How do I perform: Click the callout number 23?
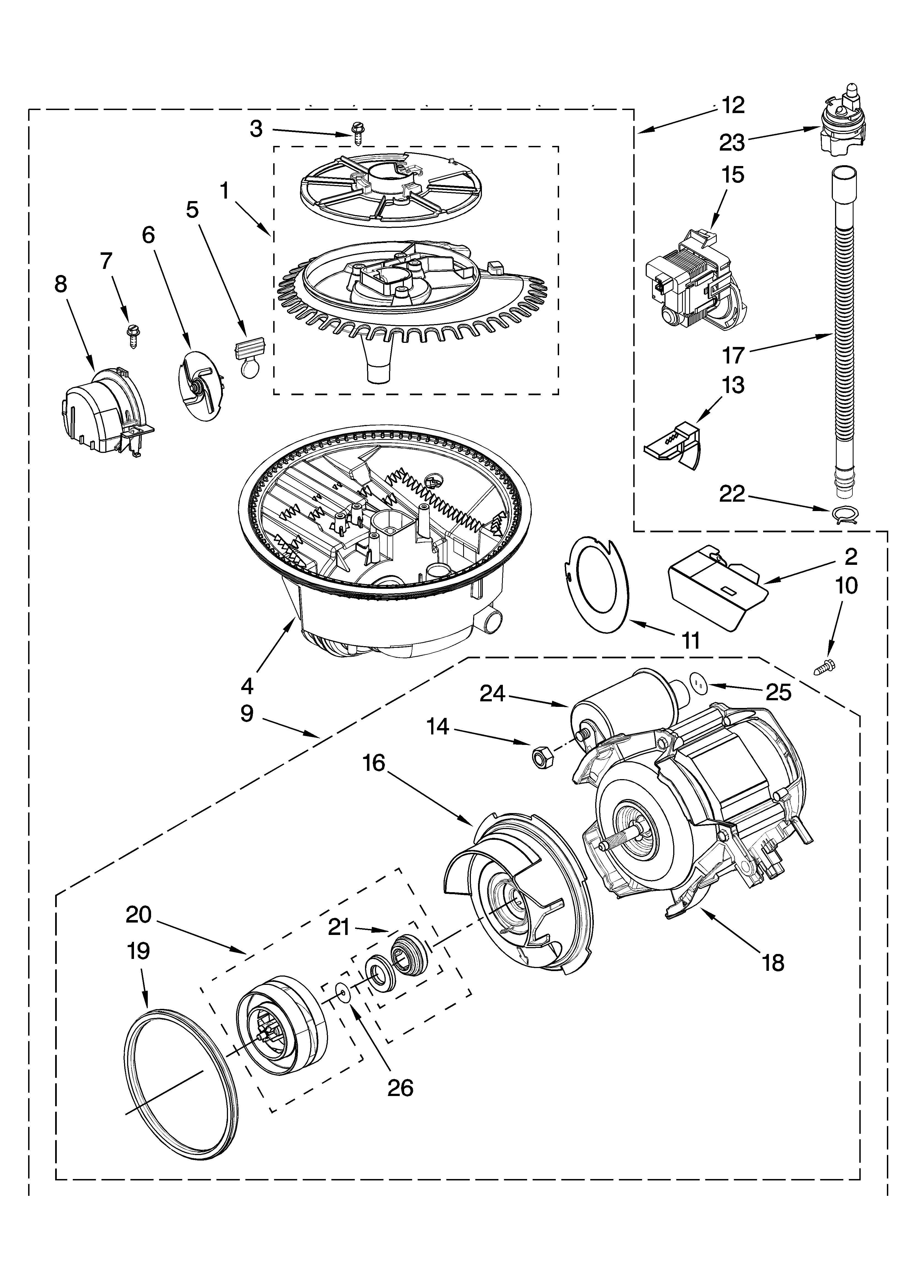(x=732, y=143)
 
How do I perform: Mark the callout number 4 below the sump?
(x=247, y=686)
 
